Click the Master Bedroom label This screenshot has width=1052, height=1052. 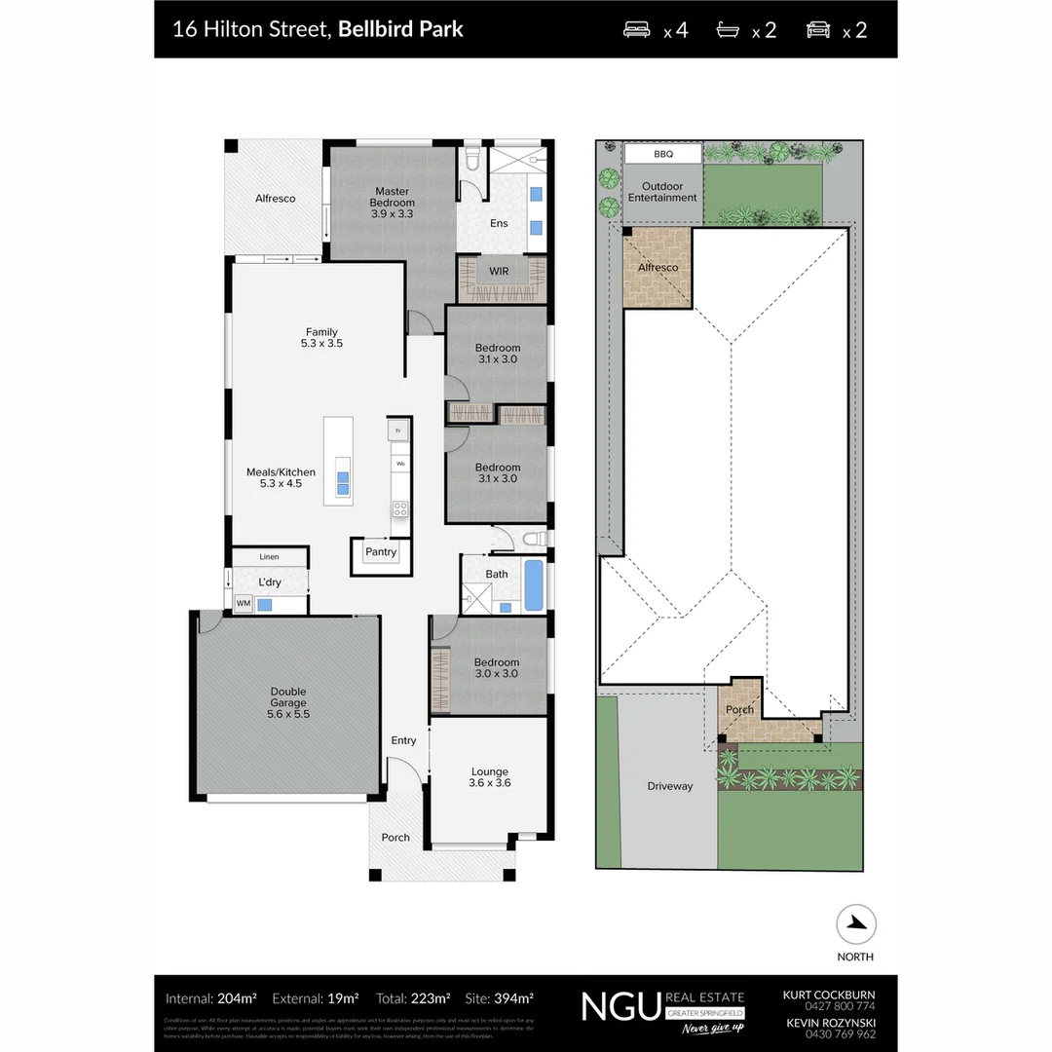tap(392, 197)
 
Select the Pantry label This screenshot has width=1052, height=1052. tap(381, 552)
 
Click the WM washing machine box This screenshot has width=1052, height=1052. tap(243, 604)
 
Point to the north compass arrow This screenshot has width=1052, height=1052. tap(856, 924)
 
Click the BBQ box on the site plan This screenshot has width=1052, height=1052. tap(662, 154)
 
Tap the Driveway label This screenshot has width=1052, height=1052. tap(670, 785)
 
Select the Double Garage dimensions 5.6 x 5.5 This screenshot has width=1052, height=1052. tap(288, 714)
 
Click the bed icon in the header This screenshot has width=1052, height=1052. tap(636, 29)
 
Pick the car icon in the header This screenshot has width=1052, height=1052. tap(818, 29)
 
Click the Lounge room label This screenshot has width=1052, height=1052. tap(490, 771)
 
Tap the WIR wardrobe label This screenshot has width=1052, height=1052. tap(499, 270)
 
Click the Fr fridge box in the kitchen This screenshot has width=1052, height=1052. tap(397, 430)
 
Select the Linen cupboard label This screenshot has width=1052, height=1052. tap(269, 556)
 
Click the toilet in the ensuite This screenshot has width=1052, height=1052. tap(471, 159)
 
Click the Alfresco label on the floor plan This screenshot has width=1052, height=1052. tap(275, 198)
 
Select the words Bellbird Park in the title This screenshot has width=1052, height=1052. tap(400, 28)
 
